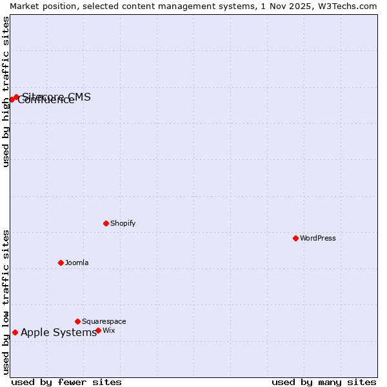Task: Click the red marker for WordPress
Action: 295,238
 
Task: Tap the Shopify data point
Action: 106,223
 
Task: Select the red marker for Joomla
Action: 61,263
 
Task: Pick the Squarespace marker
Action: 77,321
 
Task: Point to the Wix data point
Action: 98,330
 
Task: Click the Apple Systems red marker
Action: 15,332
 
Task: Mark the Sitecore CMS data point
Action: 16,97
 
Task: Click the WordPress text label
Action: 318,238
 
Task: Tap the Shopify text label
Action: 123,223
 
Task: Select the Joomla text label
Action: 77,263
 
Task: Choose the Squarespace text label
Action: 104,321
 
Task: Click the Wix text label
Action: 109,330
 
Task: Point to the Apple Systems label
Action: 59,332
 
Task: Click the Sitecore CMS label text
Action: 57,97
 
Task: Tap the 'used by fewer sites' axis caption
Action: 66,382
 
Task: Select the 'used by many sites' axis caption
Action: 324,382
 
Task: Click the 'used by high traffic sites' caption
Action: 6,92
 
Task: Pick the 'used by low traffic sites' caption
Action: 6,302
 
